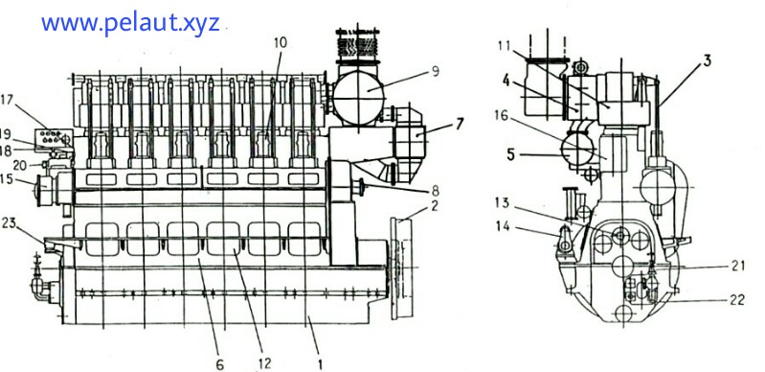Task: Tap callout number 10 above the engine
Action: pyautogui.click(x=279, y=43)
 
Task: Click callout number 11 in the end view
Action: pyautogui.click(x=505, y=45)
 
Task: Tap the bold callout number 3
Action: pyautogui.click(x=707, y=60)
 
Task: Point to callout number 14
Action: pyautogui.click(x=503, y=227)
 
